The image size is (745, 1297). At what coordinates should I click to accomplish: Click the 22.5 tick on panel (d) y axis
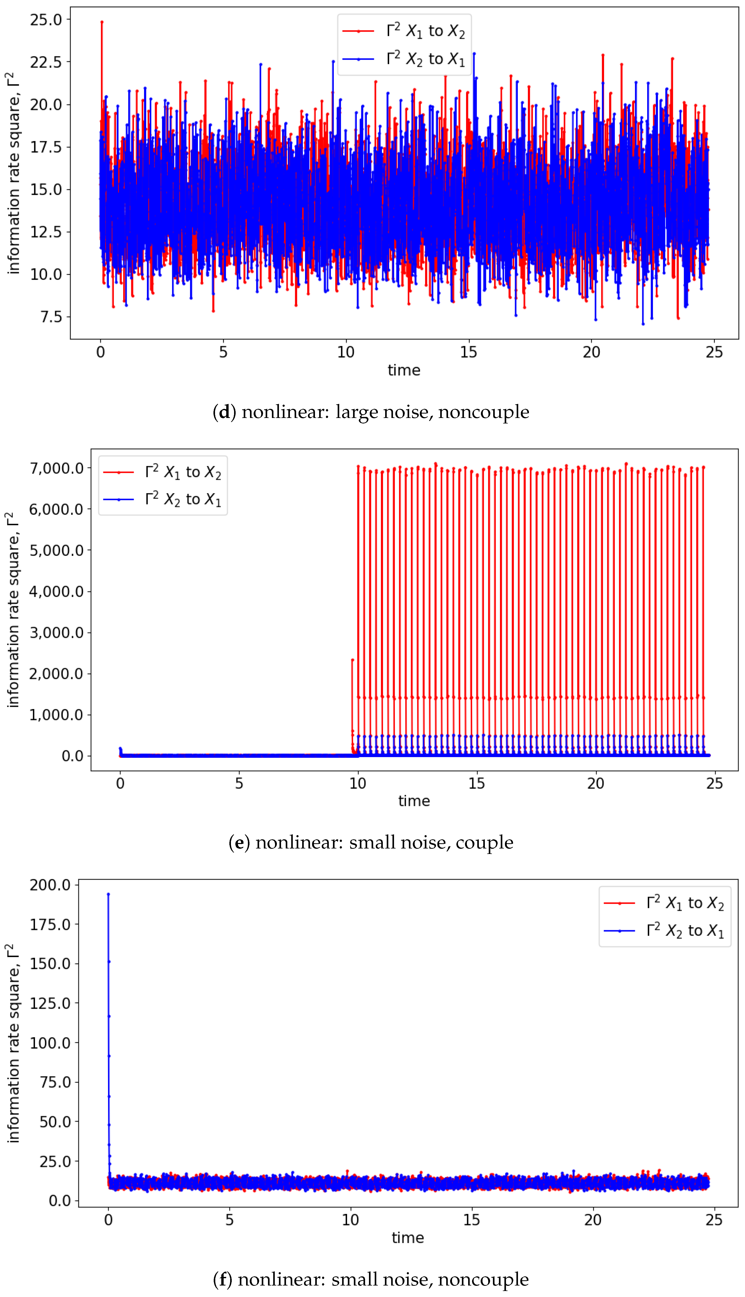(46, 62)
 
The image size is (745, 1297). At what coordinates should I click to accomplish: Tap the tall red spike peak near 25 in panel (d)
(102, 22)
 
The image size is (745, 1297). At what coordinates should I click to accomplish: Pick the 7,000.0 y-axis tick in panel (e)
(56, 468)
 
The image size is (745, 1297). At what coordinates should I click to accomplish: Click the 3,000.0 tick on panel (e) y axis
(56, 633)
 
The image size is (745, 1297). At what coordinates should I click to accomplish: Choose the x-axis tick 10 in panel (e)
(358, 783)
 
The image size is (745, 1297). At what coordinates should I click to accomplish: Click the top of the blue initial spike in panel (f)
(108, 894)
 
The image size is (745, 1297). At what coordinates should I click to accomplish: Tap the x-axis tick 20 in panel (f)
(593, 1220)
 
